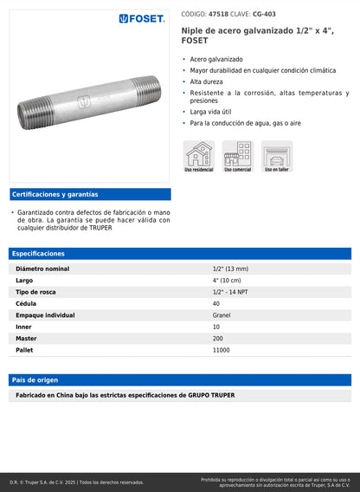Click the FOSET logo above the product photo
pyautogui.click(x=142, y=18)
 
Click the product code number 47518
pyautogui.click(x=218, y=15)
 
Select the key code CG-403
pyautogui.click(x=264, y=15)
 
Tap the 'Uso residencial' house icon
pyautogui.click(x=198, y=155)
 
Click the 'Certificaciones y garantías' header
pyautogui.click(x=55, y=195)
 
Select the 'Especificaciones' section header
pyautogui.click(x=38, y=254)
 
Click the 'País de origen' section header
pyautogui.click(x=35, y=380)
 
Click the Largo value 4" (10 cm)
pyautogui.click(x=228, y=281)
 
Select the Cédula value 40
pyautogui.click(x=216, y=304)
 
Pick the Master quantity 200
pyautogui.click(x=218, y=339)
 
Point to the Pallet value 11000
pyautogui.click(x=221, y=350)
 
